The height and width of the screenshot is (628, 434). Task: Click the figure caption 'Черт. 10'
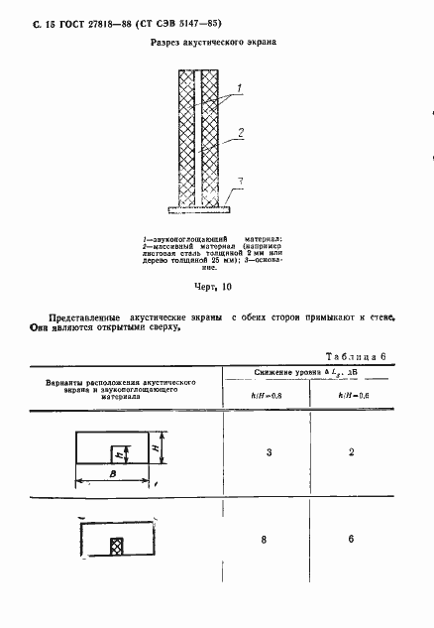(213, 287)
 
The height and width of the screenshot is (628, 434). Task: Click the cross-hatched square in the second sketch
(116, 544)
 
